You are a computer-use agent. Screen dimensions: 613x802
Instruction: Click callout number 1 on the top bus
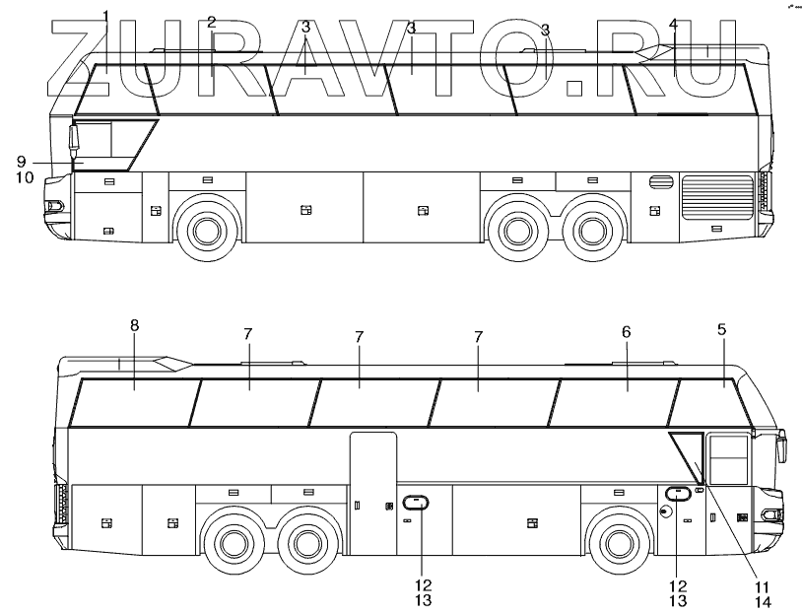coord(105,16)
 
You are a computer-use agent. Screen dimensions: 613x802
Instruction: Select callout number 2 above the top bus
coord(211,22)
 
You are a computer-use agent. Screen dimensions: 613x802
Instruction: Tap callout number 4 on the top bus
coord(673,23)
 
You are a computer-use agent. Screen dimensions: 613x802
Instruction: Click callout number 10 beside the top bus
coord(25,177)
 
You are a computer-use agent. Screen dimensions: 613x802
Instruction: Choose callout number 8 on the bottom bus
coord(135,325)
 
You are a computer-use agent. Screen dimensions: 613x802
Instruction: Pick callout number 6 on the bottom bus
coord(626,333)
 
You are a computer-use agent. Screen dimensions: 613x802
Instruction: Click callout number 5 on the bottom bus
coord(722,330)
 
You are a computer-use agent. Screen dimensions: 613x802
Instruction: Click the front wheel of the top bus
coord(205,231)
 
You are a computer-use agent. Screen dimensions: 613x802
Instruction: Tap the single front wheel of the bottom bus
coord(618,543)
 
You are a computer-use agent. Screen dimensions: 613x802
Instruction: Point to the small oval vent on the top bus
coord(660,182)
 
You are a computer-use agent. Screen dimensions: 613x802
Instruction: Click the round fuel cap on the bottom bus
coord(666,511)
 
